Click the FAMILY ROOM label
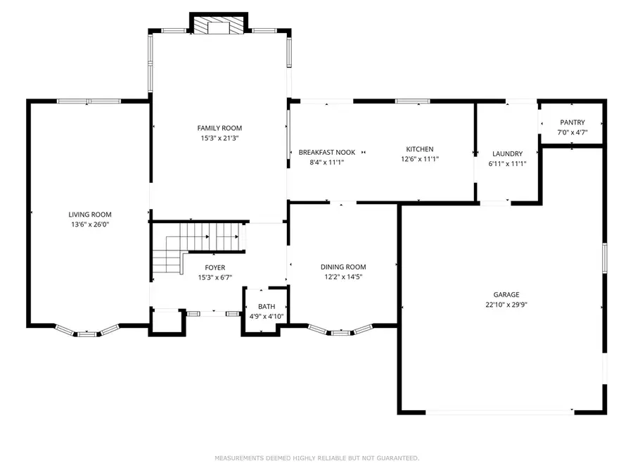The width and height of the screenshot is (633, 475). pyautogui.click(x=219, y=128)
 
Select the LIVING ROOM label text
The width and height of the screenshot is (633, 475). pyautogui.click(x=90, y=215)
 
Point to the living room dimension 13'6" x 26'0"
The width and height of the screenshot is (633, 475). pyautogui.click(x=90, y=225)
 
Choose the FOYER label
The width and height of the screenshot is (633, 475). pyautogui.click(x=215, y=267)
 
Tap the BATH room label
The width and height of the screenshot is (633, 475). pyautogui.click(x=267, y=307)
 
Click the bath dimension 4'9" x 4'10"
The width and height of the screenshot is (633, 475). pyautogui.click(x=267, y=317)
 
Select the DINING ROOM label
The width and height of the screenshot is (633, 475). pyautogui.click(x=343, y=267)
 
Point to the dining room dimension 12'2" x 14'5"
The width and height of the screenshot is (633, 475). pyautogui.click(x=343, y=277)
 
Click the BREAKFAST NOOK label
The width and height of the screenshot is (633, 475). pyautogui.click(x=327, y=152)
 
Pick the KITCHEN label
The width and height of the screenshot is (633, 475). pyautogui.click(x=419, y=149)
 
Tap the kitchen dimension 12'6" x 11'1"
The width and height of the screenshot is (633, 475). pyautogui.click(x=419, y=159)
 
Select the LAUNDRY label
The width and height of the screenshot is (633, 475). pyautogui.click(x=507, y=153)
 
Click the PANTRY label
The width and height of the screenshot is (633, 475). pyautogui.click(x=572, y=122)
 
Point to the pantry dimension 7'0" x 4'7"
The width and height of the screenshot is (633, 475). pyautogui.click(x=572, y=132)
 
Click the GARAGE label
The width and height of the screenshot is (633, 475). pyautogui.click(x=506, y=295)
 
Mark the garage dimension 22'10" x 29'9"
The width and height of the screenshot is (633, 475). pyautogui.click(x=506, y=305)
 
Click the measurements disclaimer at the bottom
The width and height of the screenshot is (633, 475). pyautogui.click(x=316, y=458)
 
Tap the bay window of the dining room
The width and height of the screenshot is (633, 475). pyautogui.click(x=340, y=331)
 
